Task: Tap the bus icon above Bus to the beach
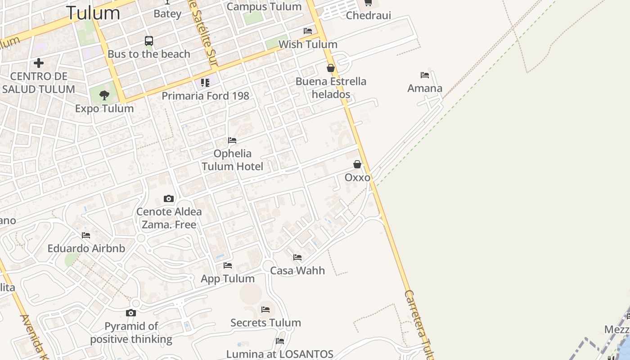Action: coord(149,41)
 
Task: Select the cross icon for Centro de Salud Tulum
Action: coord(39,63)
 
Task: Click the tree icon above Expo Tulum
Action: coord(104,95)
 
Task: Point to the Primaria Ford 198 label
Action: coord(205,96)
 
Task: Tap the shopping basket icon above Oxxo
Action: coord(357,164)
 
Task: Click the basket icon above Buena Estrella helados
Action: coord(331,68)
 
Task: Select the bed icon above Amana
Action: coord(425,75)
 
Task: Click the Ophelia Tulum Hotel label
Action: coord(232,160)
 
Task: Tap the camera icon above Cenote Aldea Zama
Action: coord(169,198)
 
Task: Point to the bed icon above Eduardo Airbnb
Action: coord(86,235)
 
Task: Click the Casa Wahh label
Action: coord(297,270)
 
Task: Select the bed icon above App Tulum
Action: coord(228,265)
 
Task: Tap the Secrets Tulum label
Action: coord(265,323)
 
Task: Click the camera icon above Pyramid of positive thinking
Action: coord(131,313)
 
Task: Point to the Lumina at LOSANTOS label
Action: coord(279,354)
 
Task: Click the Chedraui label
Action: coord(369,16)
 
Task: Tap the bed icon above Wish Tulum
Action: coord(308,31)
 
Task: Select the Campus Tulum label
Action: coord(264,7)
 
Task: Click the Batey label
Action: coord(167,13)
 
